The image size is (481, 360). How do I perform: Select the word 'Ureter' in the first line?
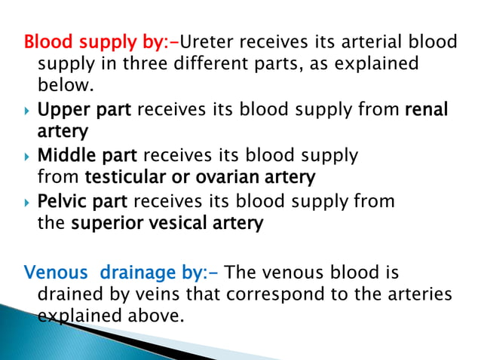point(213,41)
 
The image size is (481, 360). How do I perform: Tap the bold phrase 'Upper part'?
point(84,111)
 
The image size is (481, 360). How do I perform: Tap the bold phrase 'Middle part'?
point(87,156)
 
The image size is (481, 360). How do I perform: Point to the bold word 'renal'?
point(426,111)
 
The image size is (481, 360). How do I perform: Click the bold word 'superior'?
point(103,223)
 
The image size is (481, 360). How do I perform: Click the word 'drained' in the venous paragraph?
point(69,294)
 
